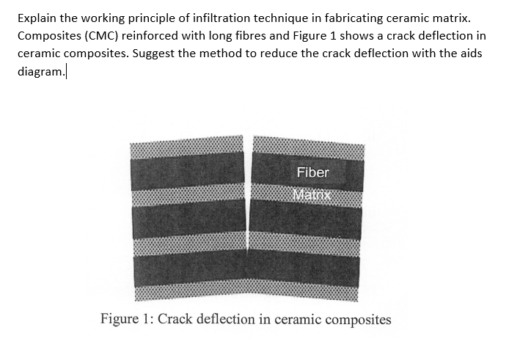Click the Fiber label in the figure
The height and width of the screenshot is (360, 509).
tap(313, 173)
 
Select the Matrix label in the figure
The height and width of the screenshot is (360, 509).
tap(312, 195)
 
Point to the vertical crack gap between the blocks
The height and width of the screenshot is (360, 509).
tap(248, 220)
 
